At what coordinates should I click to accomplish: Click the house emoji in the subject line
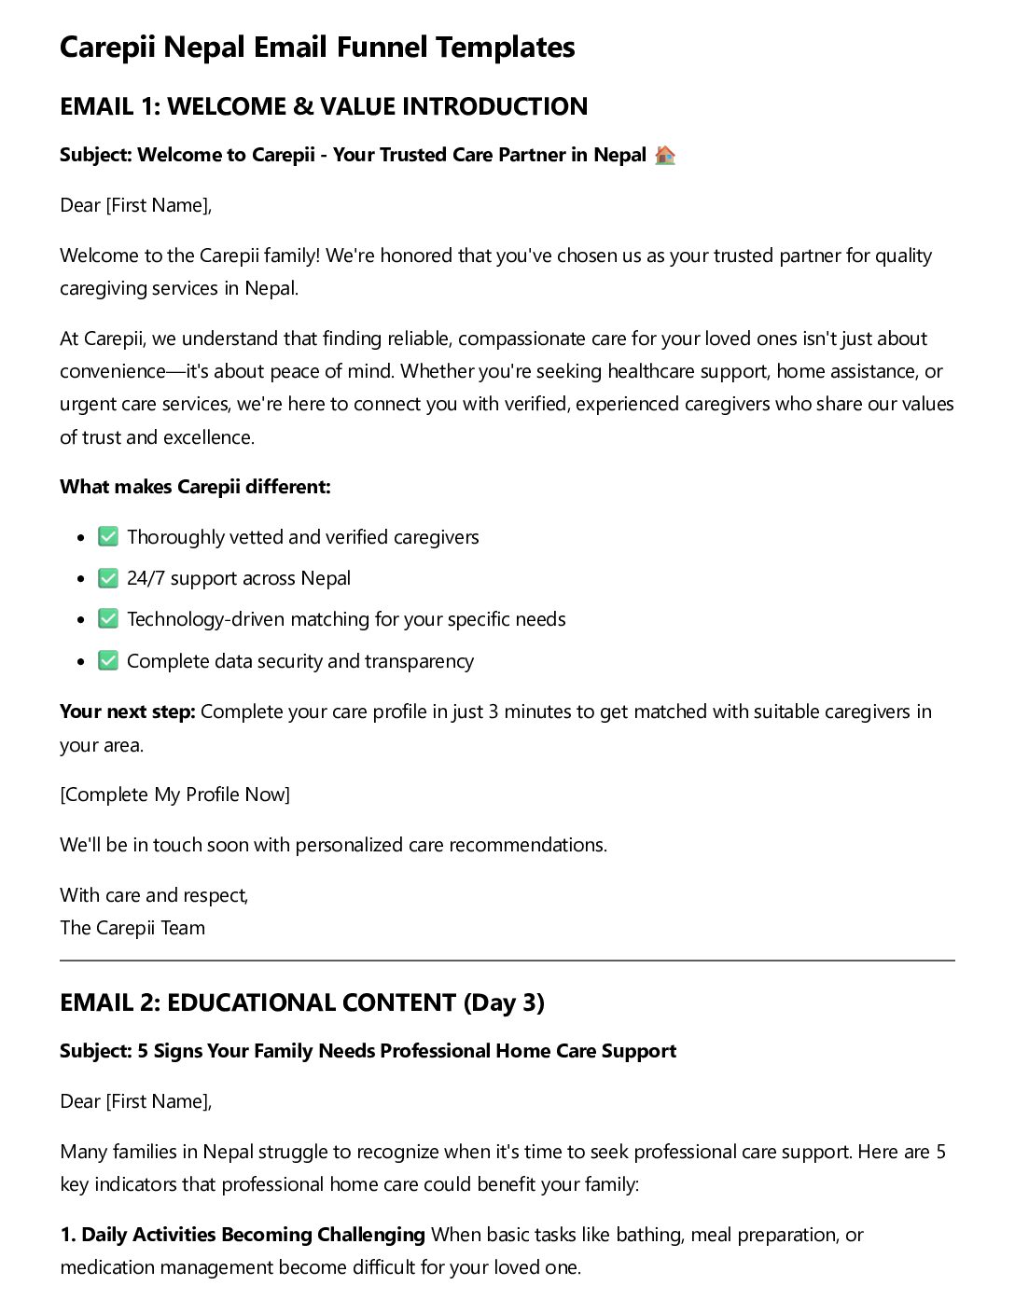pyautogui.click(x=664, y=155)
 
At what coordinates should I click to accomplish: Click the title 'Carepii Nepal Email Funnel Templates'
pyautogui.click(x=317, y=47)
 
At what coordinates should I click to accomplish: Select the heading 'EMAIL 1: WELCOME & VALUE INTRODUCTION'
pyautogui.click(x=323, y=106)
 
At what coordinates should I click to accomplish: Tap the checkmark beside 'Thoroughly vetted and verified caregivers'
pyautogui.click(x=108, y=537)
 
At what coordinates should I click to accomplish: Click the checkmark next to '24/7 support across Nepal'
pyautogui.click(x=108, y=578)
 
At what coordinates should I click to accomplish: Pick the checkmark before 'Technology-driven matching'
pyautogui.click(x=108, y=619)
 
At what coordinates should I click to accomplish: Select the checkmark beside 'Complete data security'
pyautogui.click(x=108, y=661)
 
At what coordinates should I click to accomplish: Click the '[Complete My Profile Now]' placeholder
pyautogui.click(x=174, y=795)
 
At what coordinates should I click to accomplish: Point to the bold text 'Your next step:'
pyautogui.click(x=127, y=712)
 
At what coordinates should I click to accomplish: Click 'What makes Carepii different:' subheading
pyautogui.click(x=195, y=487)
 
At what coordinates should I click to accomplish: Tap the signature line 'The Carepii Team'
pyautogui.click(x=132, y=928)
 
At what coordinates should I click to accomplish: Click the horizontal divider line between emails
pyautogui.click(x=507, y=961)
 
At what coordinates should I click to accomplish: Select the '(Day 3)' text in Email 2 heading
pyautogui.click(x=504, y=1002)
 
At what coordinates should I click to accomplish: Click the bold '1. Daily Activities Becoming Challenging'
pyautogui.click(x=243, y=1235)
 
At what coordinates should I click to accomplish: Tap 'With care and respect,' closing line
pyautogui.click(x=154, y=895)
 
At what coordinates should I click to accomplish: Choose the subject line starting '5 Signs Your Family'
pyautogui.click(x=368, y=1051)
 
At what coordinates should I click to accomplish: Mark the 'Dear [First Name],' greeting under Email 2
pyautogui.click(x=135, y=1101)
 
